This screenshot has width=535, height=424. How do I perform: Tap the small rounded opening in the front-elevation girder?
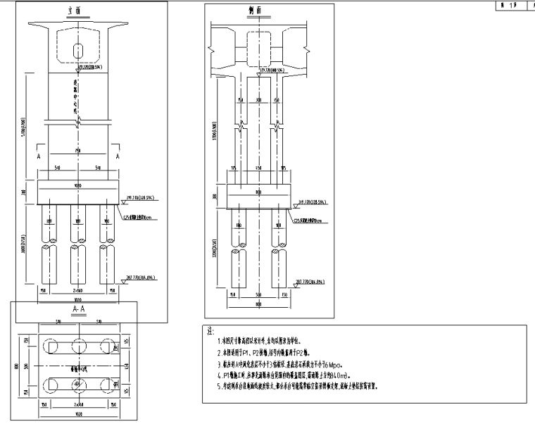77,51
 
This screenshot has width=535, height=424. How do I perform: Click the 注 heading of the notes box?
208,330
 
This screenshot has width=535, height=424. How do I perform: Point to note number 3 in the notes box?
220,364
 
